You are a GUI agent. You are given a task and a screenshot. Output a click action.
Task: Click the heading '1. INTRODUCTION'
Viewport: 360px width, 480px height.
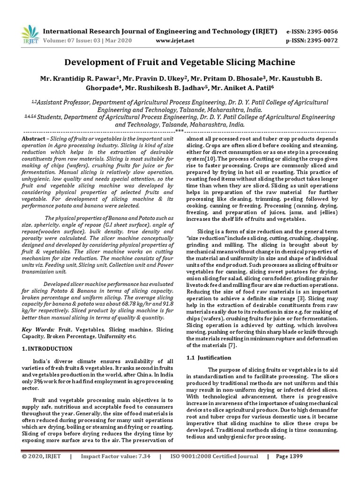(x=47, y=349)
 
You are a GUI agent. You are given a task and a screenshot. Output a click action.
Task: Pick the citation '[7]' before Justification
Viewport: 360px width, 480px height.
(x=232, y=345)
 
